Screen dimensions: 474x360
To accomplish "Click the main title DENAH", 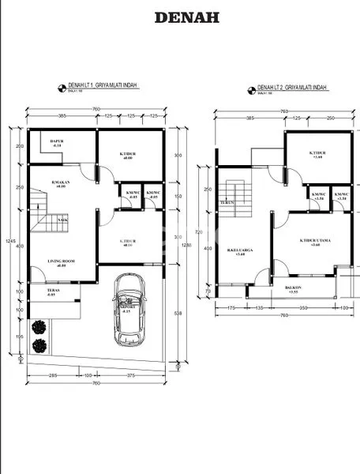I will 186,17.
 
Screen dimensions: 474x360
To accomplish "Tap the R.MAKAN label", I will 56,184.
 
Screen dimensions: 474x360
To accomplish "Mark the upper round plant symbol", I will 38,327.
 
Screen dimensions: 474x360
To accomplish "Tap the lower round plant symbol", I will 38,345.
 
